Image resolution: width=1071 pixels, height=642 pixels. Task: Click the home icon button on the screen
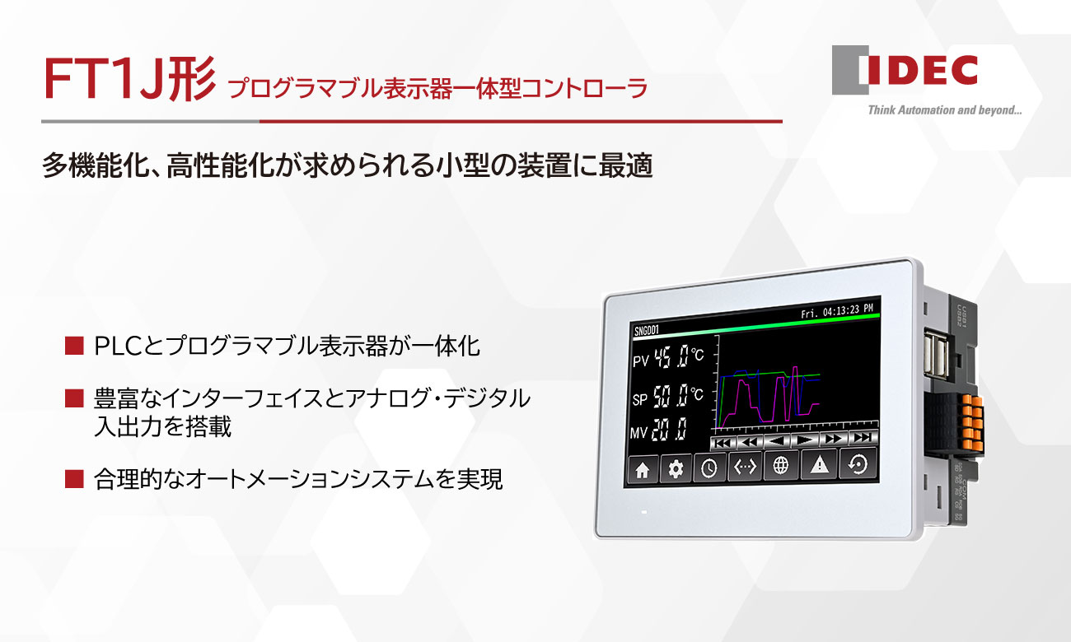[643, 470]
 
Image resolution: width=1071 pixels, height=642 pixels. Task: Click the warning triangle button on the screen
[819, 466]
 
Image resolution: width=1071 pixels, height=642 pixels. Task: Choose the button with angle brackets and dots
[745, 468]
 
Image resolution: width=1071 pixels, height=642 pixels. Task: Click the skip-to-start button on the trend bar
[723, 442]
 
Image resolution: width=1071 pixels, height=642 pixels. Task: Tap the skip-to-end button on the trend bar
[863, 438]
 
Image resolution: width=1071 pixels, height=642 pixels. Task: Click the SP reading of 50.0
[670, 398]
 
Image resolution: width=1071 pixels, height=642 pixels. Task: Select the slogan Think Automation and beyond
[944, 110]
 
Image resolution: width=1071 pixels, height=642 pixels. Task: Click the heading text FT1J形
[129, 81]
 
